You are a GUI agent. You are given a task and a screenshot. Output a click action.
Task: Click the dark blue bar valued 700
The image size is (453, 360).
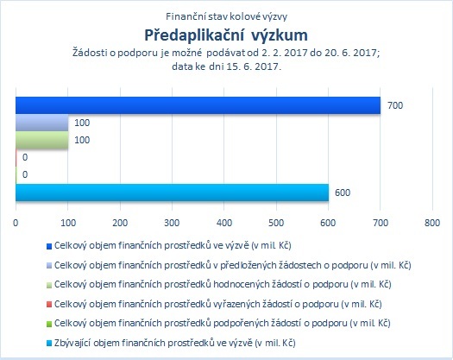[x=198, y=105]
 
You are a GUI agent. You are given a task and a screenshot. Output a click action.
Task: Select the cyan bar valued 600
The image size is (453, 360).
[x=172, y=193]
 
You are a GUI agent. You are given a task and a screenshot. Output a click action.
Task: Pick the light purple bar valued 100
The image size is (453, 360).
[x=42, y=123]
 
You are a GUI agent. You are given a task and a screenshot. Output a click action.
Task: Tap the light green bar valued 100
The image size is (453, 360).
[x=42, y=140]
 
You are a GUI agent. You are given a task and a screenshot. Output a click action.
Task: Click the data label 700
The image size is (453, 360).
[x=395, y=105]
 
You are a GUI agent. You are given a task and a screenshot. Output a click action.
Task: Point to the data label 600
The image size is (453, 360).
[x=343, y=193]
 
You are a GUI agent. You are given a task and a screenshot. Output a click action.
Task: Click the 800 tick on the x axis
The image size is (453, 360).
[x=432, y=223]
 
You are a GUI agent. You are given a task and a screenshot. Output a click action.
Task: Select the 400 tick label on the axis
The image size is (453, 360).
[x=224, y=223]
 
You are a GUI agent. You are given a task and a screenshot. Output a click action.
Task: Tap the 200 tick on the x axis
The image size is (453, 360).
[x=120, y=223]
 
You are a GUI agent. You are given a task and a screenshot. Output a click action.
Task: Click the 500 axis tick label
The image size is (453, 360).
[x=276, y=223]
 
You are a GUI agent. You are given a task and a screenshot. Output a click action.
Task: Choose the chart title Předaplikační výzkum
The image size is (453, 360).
[x=226, y=35]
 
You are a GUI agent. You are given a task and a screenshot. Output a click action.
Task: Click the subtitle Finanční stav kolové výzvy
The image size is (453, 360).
[x=226, y=16]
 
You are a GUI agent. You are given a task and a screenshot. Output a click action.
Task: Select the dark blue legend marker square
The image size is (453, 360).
[x=49, y=246]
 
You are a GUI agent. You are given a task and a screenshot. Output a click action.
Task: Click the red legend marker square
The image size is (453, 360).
[x=49, y=305]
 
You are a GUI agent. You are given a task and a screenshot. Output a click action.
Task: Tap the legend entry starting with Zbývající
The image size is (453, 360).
[x=175, y=343]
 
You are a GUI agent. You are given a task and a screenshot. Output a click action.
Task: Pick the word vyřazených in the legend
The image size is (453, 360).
[x=236, y=304]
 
